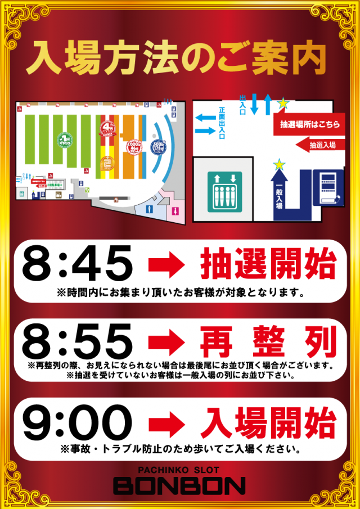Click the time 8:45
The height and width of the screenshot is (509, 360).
pos(78,264)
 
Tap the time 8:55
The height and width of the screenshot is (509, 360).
pos(78,341)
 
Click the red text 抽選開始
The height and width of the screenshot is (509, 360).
pos(267,264)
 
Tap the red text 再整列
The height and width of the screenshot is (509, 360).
pos(267,341)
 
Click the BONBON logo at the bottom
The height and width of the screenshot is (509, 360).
pos(179,485)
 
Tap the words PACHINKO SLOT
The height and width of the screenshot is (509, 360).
pos(179,470)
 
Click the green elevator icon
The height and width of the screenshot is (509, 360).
pos(224,191)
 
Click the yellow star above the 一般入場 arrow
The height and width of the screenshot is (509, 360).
pos(279,164)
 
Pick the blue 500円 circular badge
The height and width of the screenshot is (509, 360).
pos(159,147)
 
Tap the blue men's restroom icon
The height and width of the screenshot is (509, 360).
pos(150,209)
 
